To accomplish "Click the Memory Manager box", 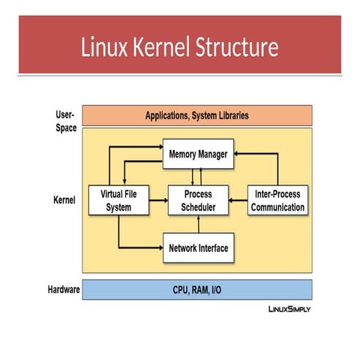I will tap(198, 154).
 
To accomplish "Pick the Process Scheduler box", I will tap(199, 200).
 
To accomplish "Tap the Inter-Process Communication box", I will tap(277, 200).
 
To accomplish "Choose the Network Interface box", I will tap(198, 247).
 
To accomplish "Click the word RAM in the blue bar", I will tap(199, 289).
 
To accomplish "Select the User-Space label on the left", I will tap(65, 121).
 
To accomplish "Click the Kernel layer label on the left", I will tap(64, 200).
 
